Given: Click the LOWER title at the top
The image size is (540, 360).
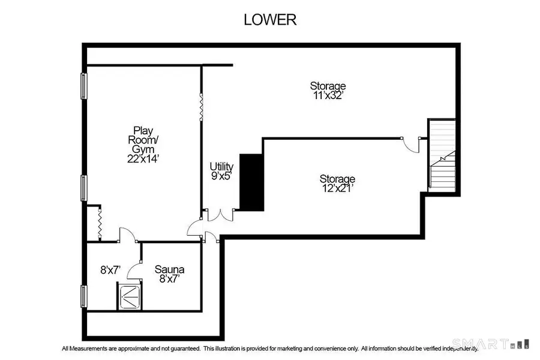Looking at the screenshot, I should [269, 19].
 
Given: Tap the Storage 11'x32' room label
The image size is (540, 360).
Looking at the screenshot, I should [328, 90].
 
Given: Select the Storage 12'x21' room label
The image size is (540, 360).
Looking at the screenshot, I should [337, 184].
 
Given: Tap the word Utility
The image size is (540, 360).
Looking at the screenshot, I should [221, 166].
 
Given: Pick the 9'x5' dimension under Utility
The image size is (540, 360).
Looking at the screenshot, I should [221, 176].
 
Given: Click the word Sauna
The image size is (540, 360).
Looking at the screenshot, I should [169, 269].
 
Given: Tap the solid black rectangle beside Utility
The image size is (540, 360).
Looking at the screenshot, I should [252, 182].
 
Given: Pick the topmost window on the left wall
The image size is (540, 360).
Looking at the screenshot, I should [85, 85].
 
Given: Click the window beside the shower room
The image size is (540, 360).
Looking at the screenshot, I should [85, 296].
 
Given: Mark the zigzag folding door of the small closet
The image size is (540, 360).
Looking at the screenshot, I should [100, 223].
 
